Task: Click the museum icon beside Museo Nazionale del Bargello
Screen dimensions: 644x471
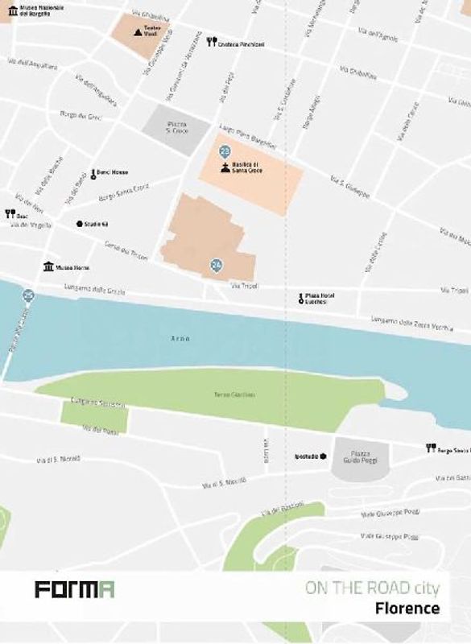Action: pos(13,10)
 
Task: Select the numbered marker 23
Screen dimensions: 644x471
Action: pos(225,151)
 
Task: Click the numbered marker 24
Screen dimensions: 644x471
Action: pos(216,264)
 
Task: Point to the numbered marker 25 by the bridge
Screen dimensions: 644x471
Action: pos(29,295)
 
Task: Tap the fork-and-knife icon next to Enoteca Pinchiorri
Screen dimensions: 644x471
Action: pos(212,43)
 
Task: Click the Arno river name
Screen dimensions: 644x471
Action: pos(180,338)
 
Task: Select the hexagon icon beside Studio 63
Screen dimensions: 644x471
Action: pos(79,224)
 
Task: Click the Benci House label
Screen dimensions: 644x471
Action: pos(113,172)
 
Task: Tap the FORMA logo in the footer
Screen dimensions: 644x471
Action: pos(74,589)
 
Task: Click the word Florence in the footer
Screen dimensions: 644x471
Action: pos(407,608)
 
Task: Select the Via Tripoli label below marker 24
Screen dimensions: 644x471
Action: pos(242,286)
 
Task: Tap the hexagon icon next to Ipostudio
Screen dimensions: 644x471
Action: pos(323,456)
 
